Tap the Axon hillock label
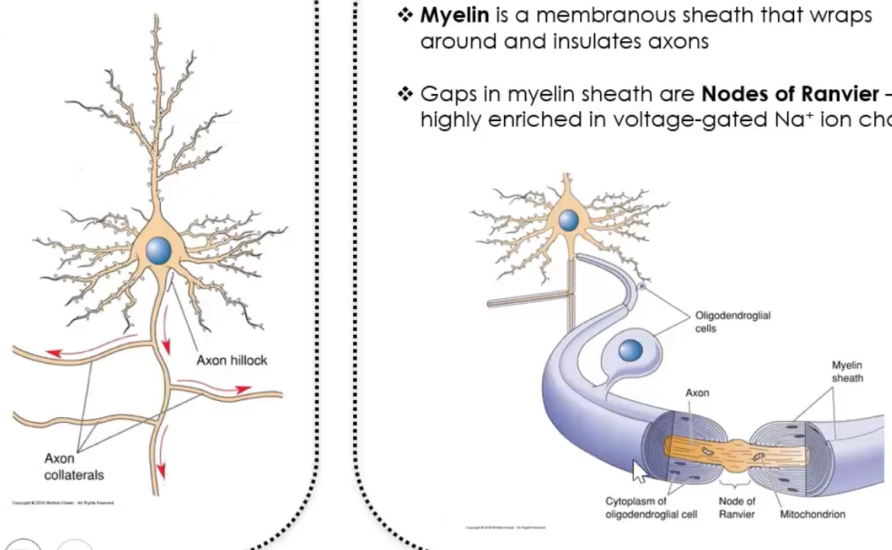pos(231,360)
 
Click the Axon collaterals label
pos(74,466)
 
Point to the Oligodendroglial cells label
pos(732,322)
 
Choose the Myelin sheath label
pos(847,371)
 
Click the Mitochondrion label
pos(812,514)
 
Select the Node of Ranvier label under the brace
pos(737,508)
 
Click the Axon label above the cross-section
pos(697,393)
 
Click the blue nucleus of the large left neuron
pos(158,250)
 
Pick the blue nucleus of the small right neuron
pos(569,220)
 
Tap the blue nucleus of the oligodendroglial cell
pos(630,352)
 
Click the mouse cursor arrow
pos(638,471)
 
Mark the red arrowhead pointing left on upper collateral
pos(53,353)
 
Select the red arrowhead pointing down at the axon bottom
pos(162,470)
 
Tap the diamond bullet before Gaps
pos(406,95)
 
